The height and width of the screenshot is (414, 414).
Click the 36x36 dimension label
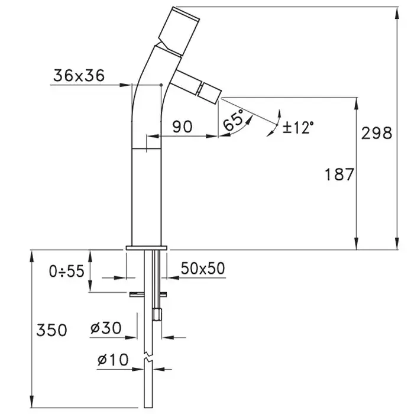click(x=79, y=76)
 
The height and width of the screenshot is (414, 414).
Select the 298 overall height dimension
click(x=377, y=133)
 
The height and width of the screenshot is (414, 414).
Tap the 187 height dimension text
click(x=339, y=174)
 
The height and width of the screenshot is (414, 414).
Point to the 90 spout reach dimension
click(x=182, y=127)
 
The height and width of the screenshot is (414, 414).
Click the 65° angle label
click(x=233, y=120)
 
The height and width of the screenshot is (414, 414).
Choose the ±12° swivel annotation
click(x=298, y=128)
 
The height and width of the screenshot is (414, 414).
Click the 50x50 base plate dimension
click(x=203, y=269)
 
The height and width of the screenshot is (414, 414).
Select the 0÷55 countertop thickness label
click(x=67, y=271)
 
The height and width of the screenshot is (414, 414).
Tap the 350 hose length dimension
click(x=52, y=330)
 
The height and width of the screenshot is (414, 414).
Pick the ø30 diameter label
click(x=106, y=328)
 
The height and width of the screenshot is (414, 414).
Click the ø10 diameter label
click(x=113, y=360)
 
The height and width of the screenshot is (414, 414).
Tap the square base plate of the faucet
click(x=147, y=248)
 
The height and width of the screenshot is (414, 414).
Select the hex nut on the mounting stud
click(x=157, y=314)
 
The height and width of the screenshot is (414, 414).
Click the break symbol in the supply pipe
click(x=148, y=356)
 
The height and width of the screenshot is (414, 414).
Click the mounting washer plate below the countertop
click(x=148, y=295)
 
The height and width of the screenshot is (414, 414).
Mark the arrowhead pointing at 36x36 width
click(x=125, y=85)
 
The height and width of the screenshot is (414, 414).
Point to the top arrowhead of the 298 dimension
click(x=397, y=12)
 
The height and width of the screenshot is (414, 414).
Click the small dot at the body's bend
click(x=161, y=85)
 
